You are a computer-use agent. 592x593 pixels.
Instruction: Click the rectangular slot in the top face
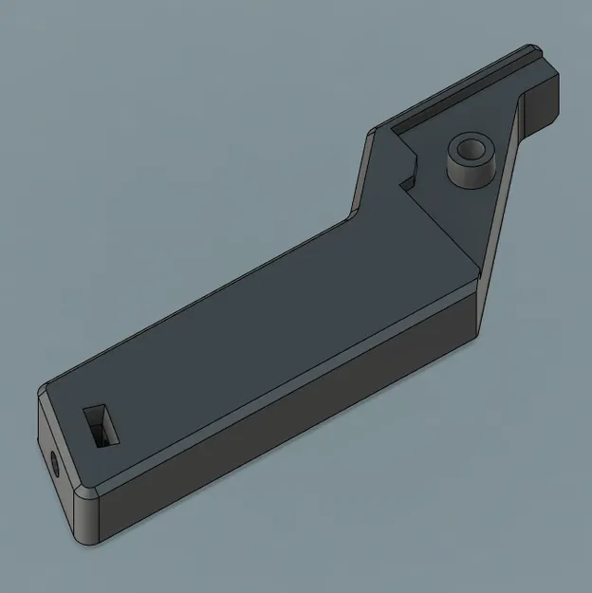pyautogui.click(x=102, y=426)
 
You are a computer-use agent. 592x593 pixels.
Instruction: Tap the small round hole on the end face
pyautogui.click(x=53, y=464)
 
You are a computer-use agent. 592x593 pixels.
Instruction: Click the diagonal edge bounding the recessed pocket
pyautogui.click(x=446, y=228)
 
